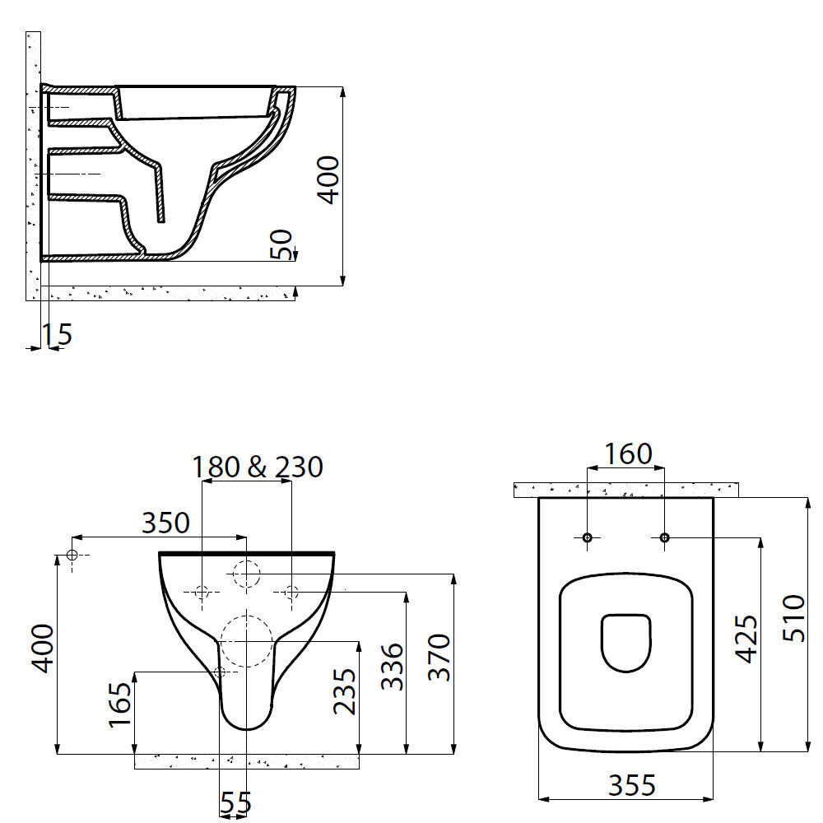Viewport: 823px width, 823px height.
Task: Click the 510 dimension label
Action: [793, 618]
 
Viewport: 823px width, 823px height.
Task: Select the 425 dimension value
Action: [746, 639]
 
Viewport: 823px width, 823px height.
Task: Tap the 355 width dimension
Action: [632, 785]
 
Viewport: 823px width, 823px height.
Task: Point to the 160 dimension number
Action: [628, 454]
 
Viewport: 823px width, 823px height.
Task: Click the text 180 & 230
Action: [257, 467]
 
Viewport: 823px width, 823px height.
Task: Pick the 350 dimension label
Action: [166, 523]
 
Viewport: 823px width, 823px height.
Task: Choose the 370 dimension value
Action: [439, 657]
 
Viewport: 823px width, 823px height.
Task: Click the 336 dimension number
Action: [392, 667]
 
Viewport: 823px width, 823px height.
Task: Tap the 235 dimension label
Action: [345, 691]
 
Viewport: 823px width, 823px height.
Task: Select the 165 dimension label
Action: [120, 704]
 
